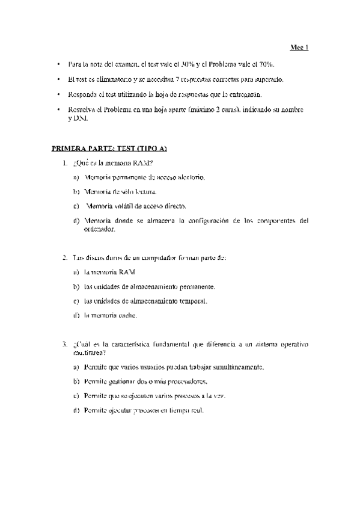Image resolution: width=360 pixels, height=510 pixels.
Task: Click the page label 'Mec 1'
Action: coord(299,48)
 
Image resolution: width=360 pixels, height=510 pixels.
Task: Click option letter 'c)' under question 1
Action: coord(76,206)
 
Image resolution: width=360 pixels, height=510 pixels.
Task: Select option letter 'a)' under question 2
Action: coord(76,272)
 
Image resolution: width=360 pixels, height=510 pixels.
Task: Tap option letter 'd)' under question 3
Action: coord(76,410)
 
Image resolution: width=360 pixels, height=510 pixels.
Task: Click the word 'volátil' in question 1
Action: coord(122,206)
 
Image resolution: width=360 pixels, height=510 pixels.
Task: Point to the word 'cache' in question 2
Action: coord(129,315)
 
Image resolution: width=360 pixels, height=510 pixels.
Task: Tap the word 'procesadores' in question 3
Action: coord(188,381)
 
